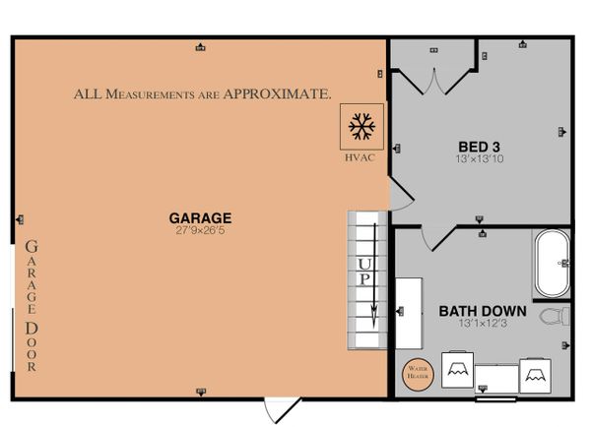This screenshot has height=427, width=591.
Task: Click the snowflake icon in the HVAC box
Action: [x=361, y=126]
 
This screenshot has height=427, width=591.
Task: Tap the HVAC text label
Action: [x=360, y=157]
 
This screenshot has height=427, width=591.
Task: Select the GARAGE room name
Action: [x=200, y=218]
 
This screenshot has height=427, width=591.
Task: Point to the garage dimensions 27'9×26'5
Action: [x=200, y=230]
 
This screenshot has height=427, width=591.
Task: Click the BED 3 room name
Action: [x=479, y=147]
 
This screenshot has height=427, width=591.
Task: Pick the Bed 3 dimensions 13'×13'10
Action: [x=480, y=158]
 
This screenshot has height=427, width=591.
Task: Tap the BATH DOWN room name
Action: [x=483, y=311]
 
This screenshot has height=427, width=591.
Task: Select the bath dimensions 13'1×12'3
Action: [x=483, y=323]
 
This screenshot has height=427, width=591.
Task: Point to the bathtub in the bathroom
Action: [x=553, y=263]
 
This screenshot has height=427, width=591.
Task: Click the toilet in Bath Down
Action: [x=555, y=316]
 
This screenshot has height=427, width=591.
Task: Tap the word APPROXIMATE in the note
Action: [x=278, y=93]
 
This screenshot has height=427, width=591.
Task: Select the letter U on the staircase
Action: [x=364, y=264]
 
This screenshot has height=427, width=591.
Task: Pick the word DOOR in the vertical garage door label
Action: [x=32, y=346]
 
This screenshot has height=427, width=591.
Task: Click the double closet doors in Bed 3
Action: [x=434, y=82]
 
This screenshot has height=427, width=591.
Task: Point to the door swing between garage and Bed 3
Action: [x=402, y=194]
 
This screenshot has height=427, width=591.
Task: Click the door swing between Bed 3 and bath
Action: [x=438, y=238]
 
